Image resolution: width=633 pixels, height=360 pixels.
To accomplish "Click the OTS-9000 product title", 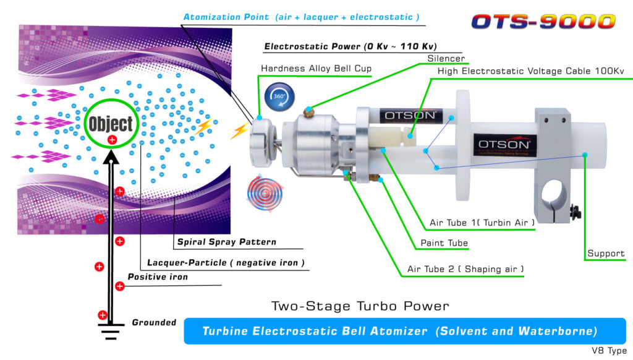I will [x=544, y=21].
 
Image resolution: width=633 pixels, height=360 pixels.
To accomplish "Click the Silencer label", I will [x=446, y=59].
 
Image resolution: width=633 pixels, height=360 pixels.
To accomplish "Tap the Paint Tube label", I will [x=444, y=244].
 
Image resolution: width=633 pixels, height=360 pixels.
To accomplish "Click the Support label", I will [x=606, y=254].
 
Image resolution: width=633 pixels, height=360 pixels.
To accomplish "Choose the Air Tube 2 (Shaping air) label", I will [x=465, y=269].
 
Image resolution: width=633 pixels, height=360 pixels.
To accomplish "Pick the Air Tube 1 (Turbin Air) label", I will [x=482, y=223].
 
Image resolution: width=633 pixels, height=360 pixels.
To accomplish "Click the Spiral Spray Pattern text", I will [x=226, y=242].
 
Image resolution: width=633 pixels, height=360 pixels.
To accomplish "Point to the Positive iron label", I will [x=157, y=276].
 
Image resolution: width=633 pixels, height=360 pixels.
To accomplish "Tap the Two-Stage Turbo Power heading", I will [x=360, y=306].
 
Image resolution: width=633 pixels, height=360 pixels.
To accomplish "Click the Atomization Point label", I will [x=300, y=17].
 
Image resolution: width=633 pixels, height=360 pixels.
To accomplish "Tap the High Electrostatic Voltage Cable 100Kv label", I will [x=530, y=71].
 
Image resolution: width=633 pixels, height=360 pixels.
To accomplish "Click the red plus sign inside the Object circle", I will [x=113, y=140].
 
